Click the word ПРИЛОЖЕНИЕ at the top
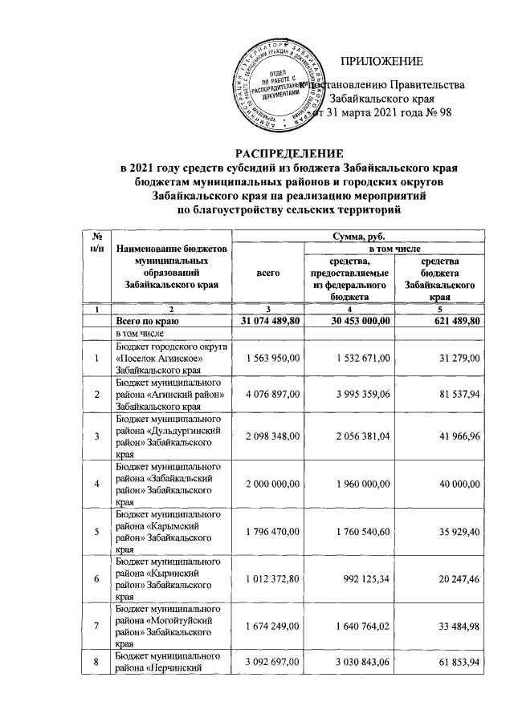point(381,63)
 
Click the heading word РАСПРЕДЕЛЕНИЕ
point(288,153)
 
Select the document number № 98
point(426,112)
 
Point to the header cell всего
point(267,274)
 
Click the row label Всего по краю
point(153,321)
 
